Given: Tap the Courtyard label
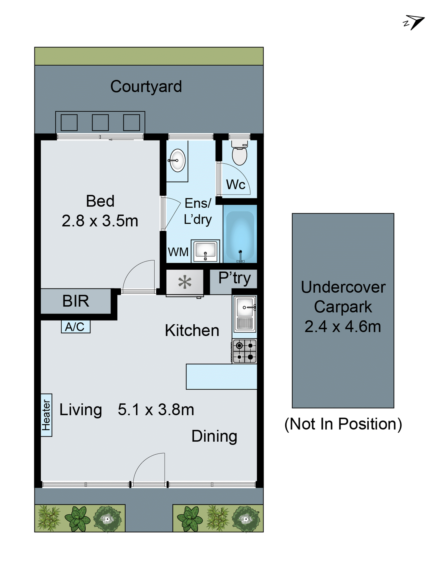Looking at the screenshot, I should coord(146,86).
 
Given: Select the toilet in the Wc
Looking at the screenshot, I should coord(240,153).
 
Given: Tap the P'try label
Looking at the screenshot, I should coord(234,278).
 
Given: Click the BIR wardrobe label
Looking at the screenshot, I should coord(76,301).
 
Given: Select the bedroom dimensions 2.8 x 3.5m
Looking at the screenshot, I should coord(100,221).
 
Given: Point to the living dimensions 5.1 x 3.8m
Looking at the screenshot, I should coord(156,410).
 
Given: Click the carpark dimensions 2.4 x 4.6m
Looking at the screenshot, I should coord(343,326).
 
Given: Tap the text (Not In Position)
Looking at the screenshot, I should coord(343,424).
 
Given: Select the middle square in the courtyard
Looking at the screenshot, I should coord(100,123).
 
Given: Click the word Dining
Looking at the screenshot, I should coord(214,436).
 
